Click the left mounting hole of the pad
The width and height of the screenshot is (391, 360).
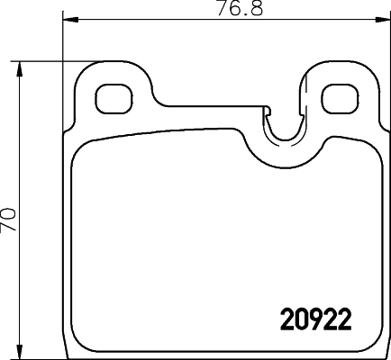click(x=111, y=97)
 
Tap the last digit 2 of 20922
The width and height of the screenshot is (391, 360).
click(x=341, y=319)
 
